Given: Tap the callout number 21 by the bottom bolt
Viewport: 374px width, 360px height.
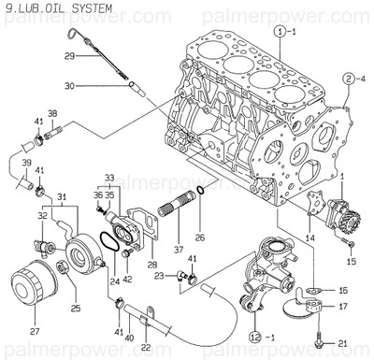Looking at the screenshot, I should tap(342, 345).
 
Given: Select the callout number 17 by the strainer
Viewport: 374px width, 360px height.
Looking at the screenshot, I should tap(342, 306).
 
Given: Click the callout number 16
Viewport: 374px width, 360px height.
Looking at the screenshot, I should tap(342, 291).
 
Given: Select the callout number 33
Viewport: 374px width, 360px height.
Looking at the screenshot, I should tap(110, 178).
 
